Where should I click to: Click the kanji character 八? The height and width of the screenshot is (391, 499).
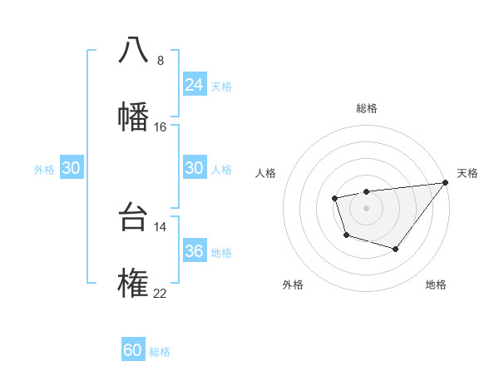click(x=133, y=50)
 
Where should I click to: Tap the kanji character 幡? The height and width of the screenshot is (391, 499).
click(x=133, y=116)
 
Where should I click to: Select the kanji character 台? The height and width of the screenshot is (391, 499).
click(x=133, y=217)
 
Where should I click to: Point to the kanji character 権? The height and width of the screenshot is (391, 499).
click(x=133, y=284)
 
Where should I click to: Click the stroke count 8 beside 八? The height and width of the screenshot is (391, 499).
click(x=160, y=60)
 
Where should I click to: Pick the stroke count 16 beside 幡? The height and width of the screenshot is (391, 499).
click(x=161, y=126)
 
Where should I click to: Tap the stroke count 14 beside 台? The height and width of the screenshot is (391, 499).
click(x=161, y=226)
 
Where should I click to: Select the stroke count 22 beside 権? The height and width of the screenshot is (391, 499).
click(x=161, y=293)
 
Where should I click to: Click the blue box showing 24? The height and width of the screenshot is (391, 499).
click(x=194, y=85)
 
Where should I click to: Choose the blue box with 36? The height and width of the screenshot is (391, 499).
click(x=194, y=251)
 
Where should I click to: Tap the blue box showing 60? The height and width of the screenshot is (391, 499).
click(x=132, y=351)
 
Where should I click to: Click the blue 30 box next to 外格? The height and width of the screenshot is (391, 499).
click(x=71, y=168)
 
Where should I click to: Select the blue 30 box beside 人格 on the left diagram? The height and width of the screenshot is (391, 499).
click(x=194, y=168)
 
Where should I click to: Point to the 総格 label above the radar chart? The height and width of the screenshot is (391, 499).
click(x=367, y=108)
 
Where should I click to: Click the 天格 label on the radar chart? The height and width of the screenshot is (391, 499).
click(x=467, y=173)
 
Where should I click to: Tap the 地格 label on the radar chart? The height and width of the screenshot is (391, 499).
click(x=436, y=285)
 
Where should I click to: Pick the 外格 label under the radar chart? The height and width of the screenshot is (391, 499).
click(x=293, y=285)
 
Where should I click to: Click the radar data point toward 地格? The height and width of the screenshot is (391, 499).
click(x=396, y=249)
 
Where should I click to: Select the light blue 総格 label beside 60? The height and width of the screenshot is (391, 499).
click(x=160, y=352)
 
